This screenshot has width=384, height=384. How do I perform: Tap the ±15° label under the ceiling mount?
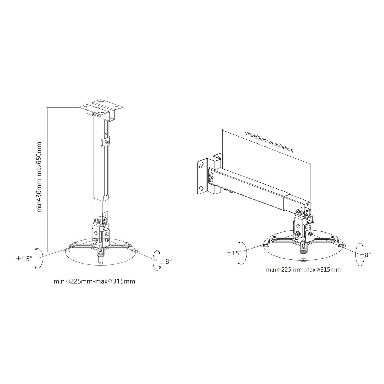coord(24,259)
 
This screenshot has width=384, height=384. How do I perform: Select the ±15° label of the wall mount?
coord(234,253)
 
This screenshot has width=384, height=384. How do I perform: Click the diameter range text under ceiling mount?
coord(94,281)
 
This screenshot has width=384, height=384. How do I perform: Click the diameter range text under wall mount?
coord(303,270)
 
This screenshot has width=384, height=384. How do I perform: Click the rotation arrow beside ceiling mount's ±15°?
coord(38,257)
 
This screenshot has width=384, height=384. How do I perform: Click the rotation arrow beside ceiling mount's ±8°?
coord(157,261)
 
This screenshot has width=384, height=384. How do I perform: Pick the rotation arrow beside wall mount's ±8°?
coord(359,255)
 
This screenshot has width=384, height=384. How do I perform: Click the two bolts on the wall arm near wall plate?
coord(211,177)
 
